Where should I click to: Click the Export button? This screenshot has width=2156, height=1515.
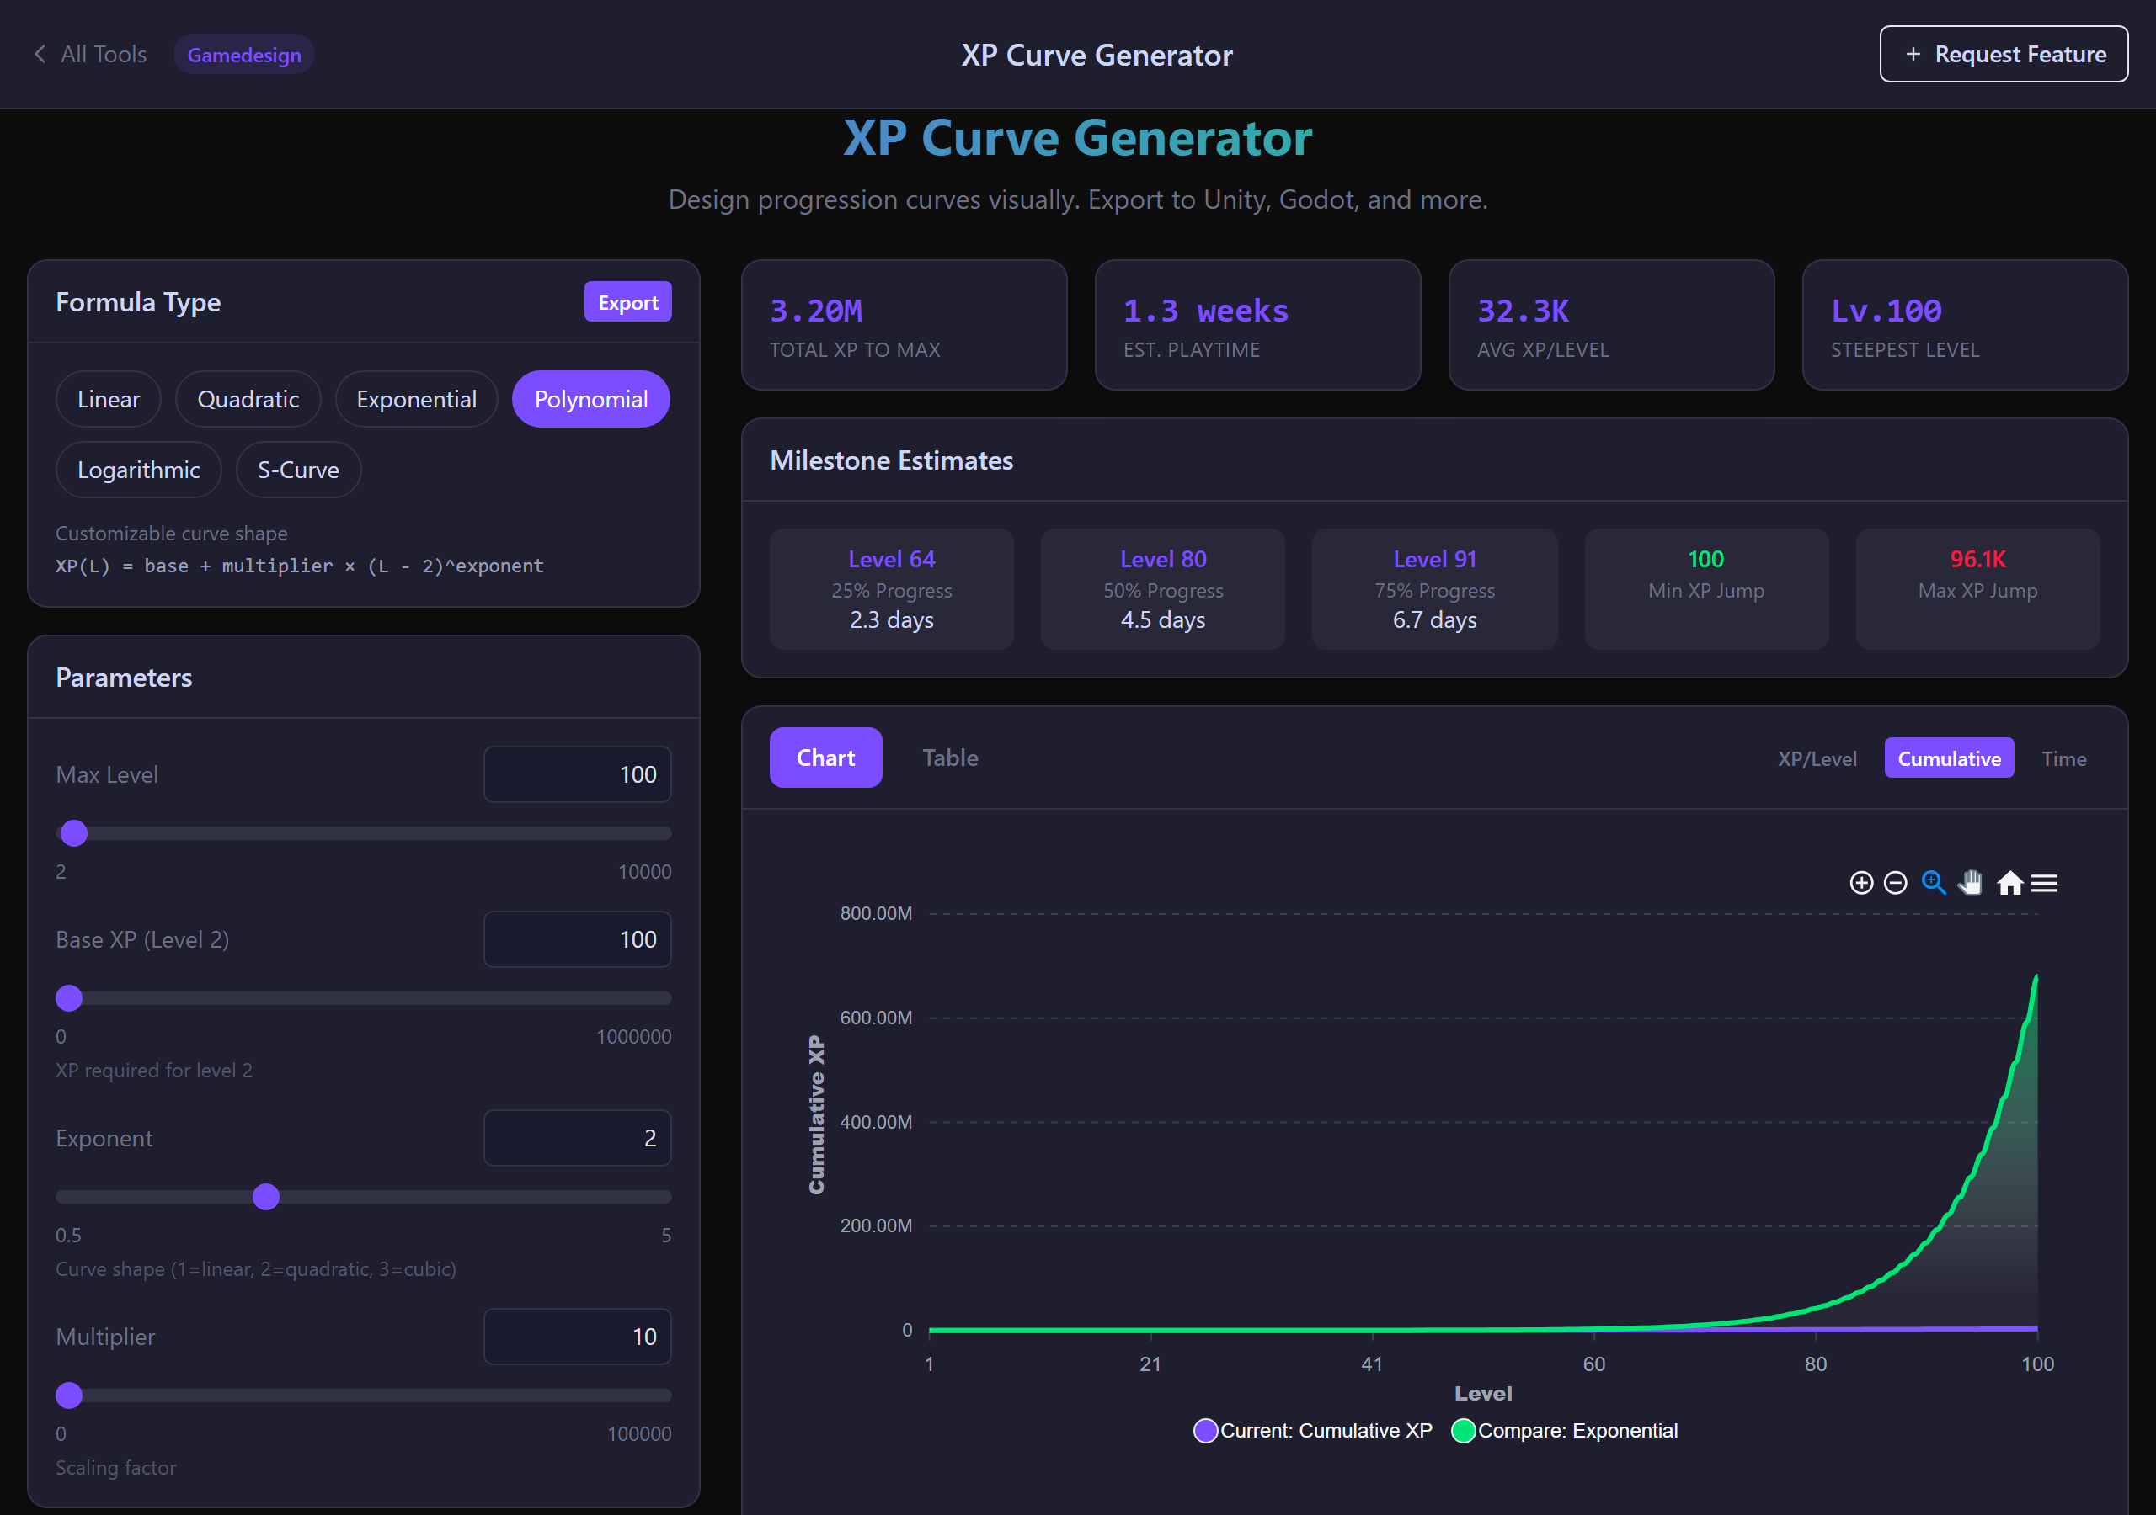pos(627,302)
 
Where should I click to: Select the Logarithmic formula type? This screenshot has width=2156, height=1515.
pos(138,470)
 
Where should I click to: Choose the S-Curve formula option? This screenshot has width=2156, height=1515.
pos(297,470)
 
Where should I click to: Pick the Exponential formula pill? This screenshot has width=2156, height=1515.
pos(416,399)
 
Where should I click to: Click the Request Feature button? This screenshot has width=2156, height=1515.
pos(2003,55)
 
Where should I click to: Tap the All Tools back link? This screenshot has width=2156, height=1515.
pos(91,55)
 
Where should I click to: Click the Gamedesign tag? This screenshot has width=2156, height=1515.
pos(244,55)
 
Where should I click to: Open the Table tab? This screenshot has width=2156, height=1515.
pos(949,757)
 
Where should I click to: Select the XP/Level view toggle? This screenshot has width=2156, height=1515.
pos(1816,758)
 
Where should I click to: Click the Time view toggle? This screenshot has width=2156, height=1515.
pos(2063,758)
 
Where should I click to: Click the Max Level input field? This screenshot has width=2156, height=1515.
pos(577,774)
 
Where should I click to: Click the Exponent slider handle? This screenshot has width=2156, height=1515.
pos(267,1197)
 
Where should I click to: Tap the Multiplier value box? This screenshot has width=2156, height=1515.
pos(577,1336)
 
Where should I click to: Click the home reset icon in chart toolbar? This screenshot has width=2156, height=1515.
pos(2009,883)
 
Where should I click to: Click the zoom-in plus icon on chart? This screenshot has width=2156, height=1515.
pos(1860,883)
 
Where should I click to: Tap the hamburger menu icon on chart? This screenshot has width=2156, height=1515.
pos(2044,883)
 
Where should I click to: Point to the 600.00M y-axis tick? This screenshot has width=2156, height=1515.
pos(875,1018)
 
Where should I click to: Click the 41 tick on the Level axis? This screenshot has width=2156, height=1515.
pos(1372,1363)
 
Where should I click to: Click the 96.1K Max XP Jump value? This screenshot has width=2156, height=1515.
pos(1977,560)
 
